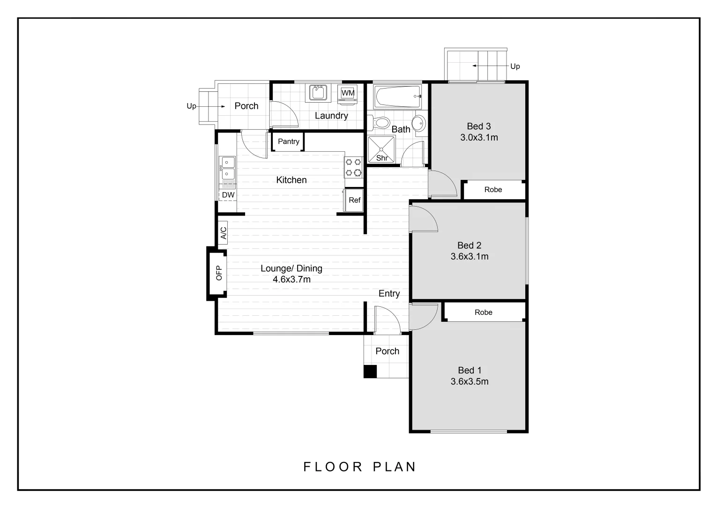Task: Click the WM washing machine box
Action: pos(348,93)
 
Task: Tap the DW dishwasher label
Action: pos(228,195)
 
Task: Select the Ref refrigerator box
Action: pos(354,200)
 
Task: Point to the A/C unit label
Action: pos(224,233)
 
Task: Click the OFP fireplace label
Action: pos(218,273)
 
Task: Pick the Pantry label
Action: pos(288,141)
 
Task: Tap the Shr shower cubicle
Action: pos(381,150)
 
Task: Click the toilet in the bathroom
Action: pos(380,123)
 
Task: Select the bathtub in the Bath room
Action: pos(398,96)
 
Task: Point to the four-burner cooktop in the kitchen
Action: pos(354,167)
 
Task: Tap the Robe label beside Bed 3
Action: pos(493,190)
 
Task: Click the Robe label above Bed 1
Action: pos(483,313)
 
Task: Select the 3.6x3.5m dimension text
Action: pos(470,382)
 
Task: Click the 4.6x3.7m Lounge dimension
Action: pos(291,280)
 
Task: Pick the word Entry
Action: pos(389,294)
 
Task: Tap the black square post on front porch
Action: pos(370,372)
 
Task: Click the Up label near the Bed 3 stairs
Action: pos(515,67)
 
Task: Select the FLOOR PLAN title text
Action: pos(360,467)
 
